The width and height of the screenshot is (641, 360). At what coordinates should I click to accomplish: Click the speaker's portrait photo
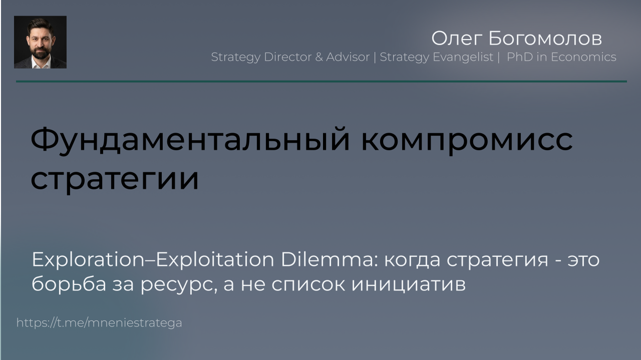tap(41, 42)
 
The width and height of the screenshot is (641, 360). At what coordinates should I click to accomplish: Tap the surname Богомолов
tap(545, 39)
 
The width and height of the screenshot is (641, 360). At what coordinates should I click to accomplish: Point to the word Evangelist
tap(463, 57)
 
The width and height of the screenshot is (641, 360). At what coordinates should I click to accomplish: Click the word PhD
tap(520, 57)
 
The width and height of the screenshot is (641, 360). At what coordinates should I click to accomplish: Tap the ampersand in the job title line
tap(319, 57)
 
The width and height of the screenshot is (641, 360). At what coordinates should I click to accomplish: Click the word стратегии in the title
tap(115, 179)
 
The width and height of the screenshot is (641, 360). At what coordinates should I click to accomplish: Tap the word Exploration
tap(88, 259)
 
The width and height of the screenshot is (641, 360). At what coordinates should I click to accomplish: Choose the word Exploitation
tap(215, 259)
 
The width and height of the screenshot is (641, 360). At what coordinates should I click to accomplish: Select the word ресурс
tap(179, 285)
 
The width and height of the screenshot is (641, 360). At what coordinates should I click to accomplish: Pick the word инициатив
tap(408, 284)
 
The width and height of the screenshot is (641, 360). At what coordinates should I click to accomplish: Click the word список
tap(308, 284)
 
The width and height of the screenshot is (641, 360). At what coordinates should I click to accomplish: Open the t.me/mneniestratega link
tap(99, 323)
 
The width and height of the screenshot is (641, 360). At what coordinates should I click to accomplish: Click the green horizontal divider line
tap(322, 82)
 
